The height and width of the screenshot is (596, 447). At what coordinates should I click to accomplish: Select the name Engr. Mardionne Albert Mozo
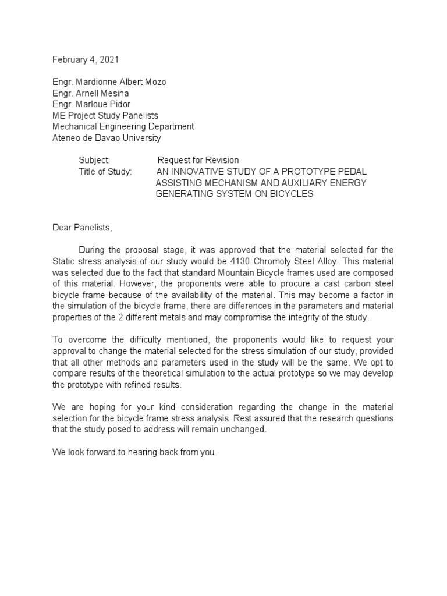[x=109, y=82]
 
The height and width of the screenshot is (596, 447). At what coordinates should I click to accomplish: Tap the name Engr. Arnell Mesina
[x=91, y=93]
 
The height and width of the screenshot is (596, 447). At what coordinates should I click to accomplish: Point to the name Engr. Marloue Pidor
[x=91, y=104]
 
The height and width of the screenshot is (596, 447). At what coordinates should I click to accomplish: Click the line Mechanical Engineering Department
[x=123, y=126]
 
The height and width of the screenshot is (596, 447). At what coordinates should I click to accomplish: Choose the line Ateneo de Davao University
[x=107, y=138]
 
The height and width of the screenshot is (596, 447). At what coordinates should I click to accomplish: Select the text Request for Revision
[x=198, y=160]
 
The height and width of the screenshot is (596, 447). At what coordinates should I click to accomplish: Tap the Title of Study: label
[x=105, y=172]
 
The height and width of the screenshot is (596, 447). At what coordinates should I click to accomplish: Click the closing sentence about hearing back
[x=134, y=452]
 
